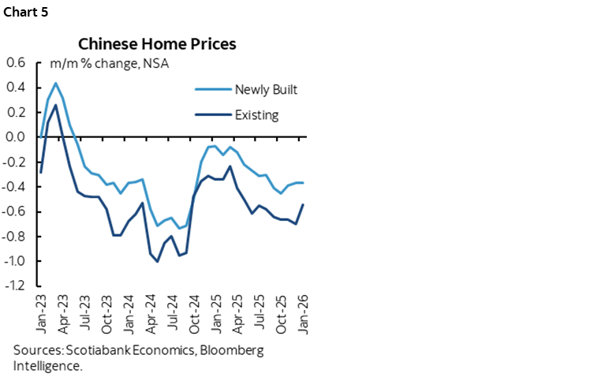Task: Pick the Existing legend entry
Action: click(x=256, y=115)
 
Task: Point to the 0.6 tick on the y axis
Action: click(x=16, y=62)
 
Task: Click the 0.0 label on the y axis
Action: click(x=16, y=136)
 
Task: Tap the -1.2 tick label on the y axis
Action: click(x=14, y=286)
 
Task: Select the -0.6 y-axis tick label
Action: click(x=14, y=211)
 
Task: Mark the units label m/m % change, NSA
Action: click(x=110, y=63)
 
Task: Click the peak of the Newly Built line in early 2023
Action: click(x=55, y=83)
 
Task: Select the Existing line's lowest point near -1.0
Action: click(x=158, y=261)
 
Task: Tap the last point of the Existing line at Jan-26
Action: click(x=304, y=204)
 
